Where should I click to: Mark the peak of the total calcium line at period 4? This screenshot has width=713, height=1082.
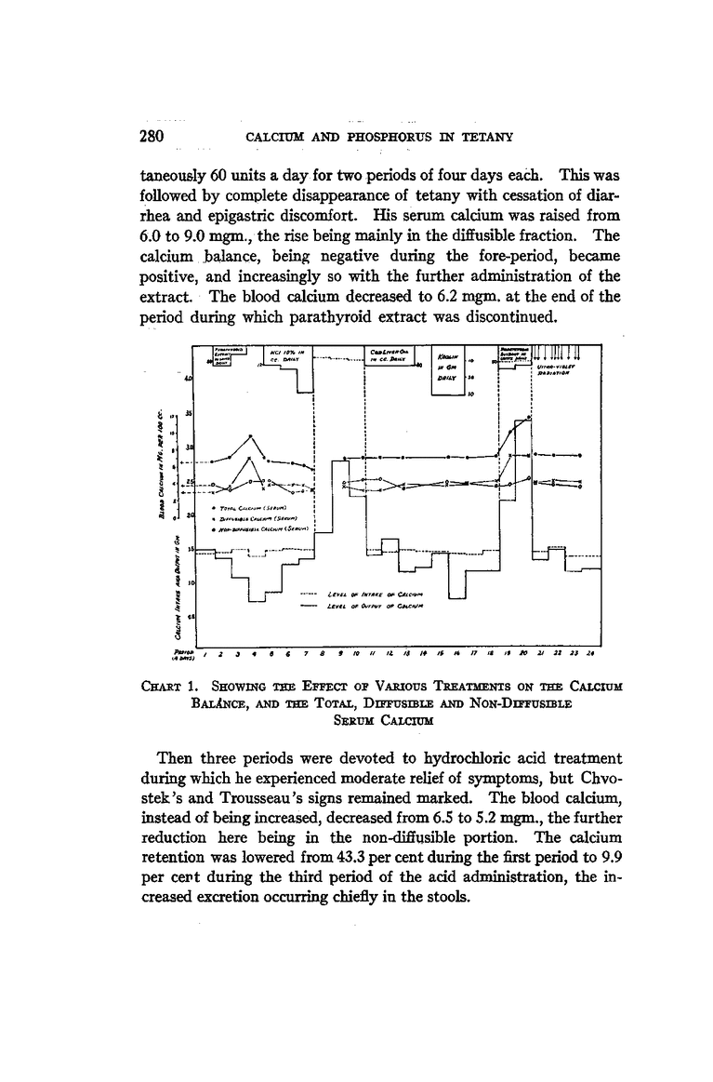250,435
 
